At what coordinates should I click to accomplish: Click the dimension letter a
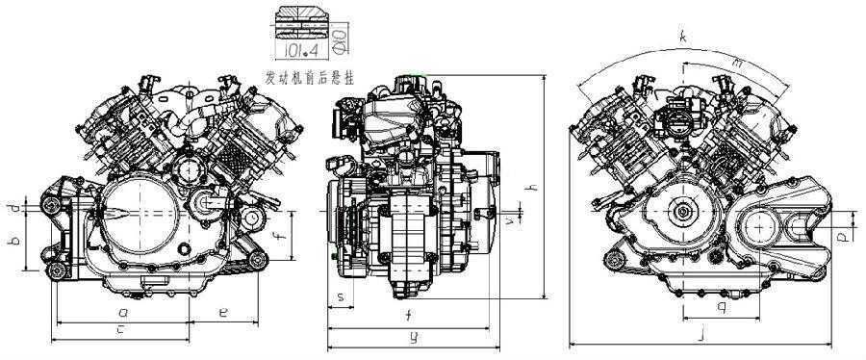(x=122, y=313)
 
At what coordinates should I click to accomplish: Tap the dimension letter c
(x=119, y=330)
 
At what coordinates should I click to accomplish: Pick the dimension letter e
(x=222, y=312)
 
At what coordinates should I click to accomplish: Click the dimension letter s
(x=340, y=296)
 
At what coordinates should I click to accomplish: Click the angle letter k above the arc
(x=682, y=37)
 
